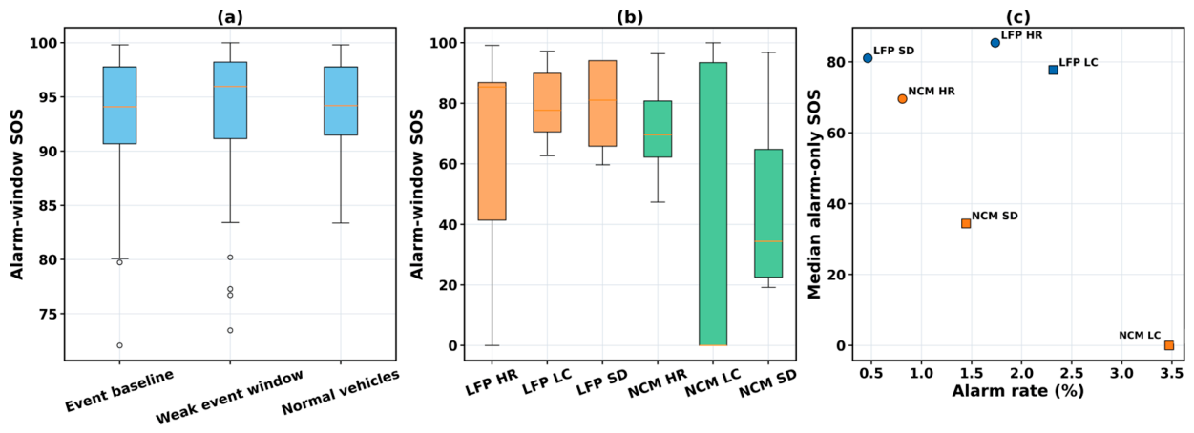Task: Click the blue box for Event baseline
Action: point(119,106)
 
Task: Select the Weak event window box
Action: point(230,100)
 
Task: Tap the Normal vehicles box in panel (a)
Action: point(341,101)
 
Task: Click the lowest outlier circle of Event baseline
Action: point(119,345)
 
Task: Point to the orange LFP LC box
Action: point(547,102)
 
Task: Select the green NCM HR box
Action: point(658,129)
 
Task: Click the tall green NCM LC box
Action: point(713,204)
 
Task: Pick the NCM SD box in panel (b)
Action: point(768,213)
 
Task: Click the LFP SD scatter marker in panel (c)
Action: point(868,58)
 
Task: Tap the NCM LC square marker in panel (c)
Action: point(1169,345)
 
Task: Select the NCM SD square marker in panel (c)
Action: point(966,223)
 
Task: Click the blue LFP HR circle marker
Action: point(995,43)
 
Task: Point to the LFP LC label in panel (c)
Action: point(1079,62)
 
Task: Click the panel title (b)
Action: point(630,17)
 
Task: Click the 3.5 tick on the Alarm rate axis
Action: point(1172,373)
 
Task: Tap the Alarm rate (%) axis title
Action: point(1018,391)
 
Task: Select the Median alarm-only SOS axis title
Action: point(814,195)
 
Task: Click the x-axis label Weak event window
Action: point(230,397)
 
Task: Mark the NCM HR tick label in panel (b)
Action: point(658,384)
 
